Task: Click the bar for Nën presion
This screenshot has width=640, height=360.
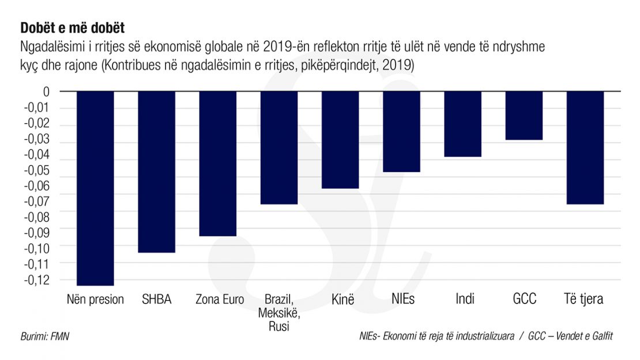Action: click(x=95, y=188)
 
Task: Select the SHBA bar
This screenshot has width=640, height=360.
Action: click(x=156, y=172)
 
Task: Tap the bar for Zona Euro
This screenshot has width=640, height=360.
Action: click(x=217, y=163)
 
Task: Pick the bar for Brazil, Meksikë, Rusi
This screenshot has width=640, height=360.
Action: click(x=279, y=148)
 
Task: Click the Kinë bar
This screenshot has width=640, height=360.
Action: click(x=340, y=140)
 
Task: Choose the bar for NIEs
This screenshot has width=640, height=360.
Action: click(x=401, y=132)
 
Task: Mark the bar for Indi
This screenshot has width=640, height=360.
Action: click(x=462, y=124)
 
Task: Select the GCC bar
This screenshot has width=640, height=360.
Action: click(x=524, y=115)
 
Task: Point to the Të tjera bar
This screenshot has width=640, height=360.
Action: click(x=585, y=148)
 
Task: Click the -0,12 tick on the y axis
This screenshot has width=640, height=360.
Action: click(x=39, y=280)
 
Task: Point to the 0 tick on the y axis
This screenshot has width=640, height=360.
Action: click(x=47, y=91)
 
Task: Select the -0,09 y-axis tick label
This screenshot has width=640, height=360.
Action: click(x=39, y=232)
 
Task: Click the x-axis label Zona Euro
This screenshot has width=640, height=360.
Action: click(x=220, y=299)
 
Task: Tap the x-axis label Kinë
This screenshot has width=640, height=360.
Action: click(x=342, y=299)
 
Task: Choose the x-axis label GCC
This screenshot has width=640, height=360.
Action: click(x=524, y=299)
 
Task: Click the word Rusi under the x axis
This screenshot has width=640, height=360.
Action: click(x=279, y=327)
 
